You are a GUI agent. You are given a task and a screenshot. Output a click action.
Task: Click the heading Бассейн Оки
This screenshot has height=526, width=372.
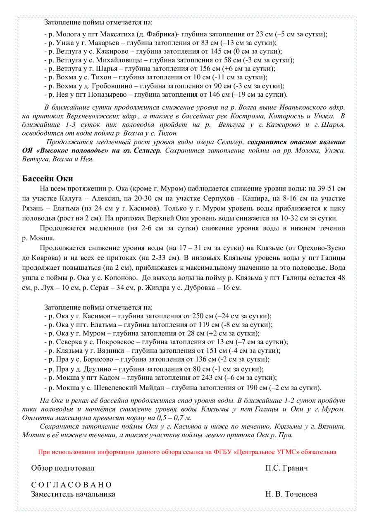[x=47, y=179]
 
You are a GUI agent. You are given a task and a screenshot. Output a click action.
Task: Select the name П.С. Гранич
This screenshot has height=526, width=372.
[x=286, y=468]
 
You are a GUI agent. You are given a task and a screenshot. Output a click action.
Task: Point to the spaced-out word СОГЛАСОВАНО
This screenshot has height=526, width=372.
[x=71, y=485]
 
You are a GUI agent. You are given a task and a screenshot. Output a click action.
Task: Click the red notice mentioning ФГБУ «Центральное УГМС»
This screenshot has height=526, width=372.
[x=187, y=452]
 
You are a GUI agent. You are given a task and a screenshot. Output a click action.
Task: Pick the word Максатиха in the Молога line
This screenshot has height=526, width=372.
[x=115, y=34]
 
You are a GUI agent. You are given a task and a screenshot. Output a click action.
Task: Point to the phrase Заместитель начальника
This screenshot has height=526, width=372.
[x=73, y=494]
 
